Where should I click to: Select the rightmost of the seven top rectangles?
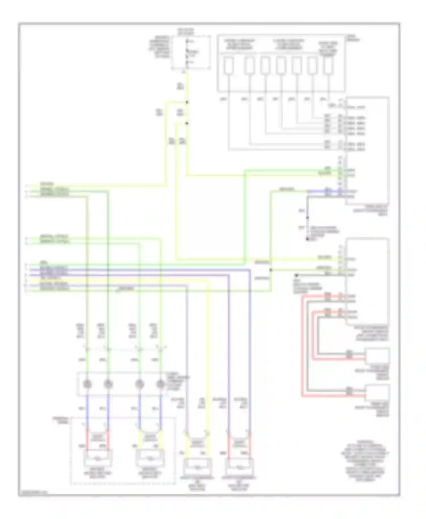(328, 66)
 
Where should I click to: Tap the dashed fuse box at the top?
(191, 52)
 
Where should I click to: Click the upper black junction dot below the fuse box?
(187, 102)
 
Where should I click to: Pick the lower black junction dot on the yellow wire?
(187, 123)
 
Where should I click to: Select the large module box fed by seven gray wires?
(367, 150)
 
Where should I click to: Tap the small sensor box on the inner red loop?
(377, 357)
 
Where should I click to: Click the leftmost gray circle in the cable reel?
(87, 384)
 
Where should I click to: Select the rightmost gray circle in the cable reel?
(160, 384)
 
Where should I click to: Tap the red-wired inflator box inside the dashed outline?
(98, 458)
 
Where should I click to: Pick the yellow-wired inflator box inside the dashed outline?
(150, 458)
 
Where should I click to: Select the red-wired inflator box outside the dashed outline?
(239, 466)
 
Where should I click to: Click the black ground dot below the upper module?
(307, 239)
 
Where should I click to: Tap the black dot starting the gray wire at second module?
(296, 275)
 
